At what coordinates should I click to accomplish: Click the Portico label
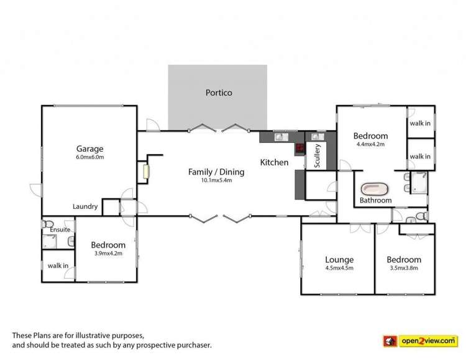(x=219, y=93)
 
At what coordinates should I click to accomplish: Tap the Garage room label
(x=89, y=149)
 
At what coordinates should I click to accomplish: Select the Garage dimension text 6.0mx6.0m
(x=89, y=157)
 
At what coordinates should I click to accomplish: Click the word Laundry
(x=85, y=206)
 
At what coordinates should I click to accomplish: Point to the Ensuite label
(x=60, y=229)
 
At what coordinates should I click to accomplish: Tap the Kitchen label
(x=274, y=162)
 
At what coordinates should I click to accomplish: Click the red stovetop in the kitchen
(x=299, y=149)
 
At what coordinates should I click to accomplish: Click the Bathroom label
(x=376, y=200)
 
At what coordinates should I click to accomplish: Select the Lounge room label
(x=339, y=259)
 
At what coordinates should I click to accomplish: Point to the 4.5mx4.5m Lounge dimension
(x=339, y=268)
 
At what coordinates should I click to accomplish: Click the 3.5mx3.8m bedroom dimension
(x=403, y=268)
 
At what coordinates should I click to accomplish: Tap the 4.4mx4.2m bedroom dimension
(x=370, y=144)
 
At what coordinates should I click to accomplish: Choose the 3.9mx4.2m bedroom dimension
(x=108, y=253)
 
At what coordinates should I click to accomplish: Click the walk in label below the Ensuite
(x=58, y=265)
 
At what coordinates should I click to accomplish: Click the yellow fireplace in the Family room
(x=147, y=172)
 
